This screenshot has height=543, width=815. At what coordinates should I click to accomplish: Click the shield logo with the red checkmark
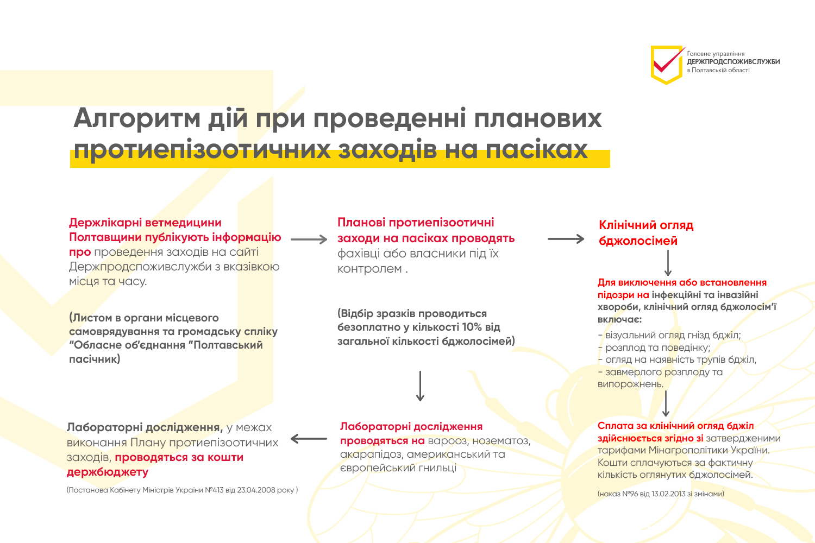[667, 65]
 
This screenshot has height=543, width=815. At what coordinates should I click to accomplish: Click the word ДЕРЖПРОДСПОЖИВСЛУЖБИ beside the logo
[733, 62]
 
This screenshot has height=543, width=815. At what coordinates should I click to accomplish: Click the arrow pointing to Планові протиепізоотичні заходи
[309, 239]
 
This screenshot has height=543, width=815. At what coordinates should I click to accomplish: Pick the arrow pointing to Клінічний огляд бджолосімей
[566, 239]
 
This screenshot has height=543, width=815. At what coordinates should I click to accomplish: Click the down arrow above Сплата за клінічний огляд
[666, 403]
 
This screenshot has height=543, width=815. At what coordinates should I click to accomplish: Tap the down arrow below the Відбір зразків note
[420, 386]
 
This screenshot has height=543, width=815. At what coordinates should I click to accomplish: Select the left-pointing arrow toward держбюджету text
[309, 439]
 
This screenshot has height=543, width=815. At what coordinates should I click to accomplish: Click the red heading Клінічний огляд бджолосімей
[645, 233]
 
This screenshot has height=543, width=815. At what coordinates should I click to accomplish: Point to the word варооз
[447, 441]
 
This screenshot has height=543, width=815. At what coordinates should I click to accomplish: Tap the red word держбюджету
[108, 472]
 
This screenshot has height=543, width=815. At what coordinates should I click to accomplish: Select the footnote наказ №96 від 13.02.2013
[661, 494]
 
